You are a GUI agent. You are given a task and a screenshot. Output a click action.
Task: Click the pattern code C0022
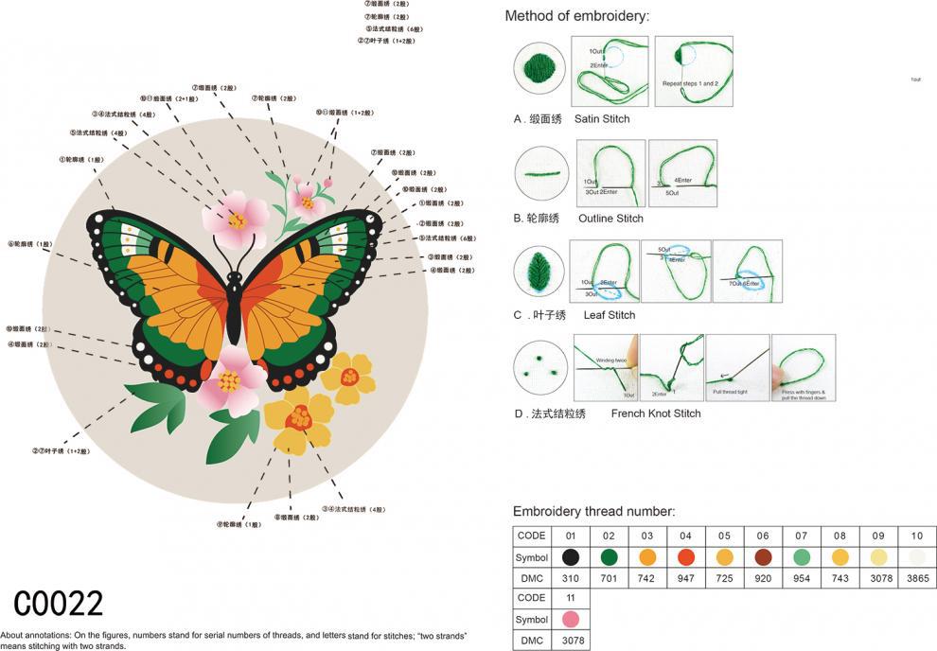59,603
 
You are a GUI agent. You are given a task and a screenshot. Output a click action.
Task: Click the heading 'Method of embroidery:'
576,16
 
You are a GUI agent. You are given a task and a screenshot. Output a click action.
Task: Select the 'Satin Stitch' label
602,119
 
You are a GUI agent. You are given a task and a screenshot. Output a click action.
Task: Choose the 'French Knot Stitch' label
656,413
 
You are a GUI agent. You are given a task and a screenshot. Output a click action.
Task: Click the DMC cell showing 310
570,577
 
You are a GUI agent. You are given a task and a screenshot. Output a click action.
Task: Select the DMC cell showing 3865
917,577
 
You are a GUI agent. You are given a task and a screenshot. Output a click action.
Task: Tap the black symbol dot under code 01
570,556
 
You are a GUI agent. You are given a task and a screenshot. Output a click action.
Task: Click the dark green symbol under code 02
609,556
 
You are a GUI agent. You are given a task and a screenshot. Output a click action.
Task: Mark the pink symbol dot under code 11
570,619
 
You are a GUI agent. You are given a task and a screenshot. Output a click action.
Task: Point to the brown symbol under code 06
763,556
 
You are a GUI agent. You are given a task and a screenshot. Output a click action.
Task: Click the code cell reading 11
570,598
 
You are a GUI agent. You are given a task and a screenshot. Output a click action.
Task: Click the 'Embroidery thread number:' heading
593,511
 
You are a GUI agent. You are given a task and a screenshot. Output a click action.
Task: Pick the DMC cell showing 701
609,577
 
